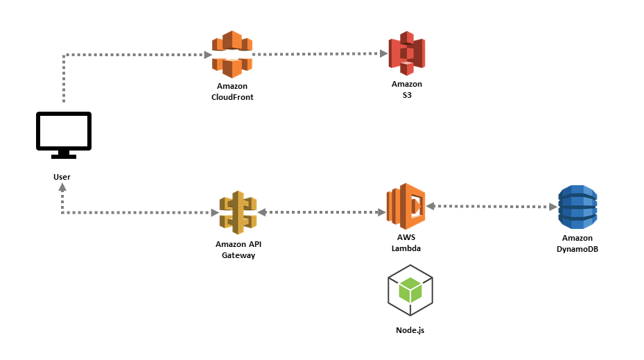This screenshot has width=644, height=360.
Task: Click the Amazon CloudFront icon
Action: [x=232, y=54]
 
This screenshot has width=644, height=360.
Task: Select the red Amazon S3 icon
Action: [x=406, y=53]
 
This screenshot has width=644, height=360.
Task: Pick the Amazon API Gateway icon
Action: [x=238, y=212]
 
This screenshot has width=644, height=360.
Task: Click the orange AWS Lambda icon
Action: [x=406, y=206]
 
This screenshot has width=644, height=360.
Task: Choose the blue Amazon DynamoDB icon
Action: [x=577, y=207]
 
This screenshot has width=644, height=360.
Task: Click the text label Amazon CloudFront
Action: [x=232, y=92]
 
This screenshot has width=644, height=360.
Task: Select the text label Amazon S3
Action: [x=406, y=89]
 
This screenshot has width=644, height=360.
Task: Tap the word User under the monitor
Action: [x=62, y=177]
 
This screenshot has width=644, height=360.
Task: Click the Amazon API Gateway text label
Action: [x=238, y=250]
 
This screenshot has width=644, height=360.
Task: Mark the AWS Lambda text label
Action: [x=406, y=243]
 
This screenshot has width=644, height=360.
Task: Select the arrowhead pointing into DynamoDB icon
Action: [x=553, y=207]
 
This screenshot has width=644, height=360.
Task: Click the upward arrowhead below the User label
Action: [x=62, y=189]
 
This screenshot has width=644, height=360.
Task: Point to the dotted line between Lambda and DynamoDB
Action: [x=492, y=207]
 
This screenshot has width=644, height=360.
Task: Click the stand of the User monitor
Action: [x=63, y=154]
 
